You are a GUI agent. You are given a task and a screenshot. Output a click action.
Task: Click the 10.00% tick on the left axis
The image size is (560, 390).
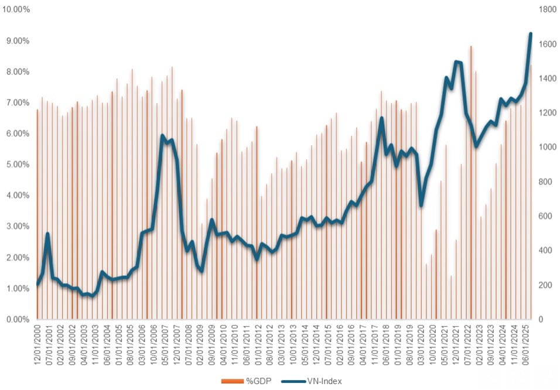click(x=17, y=10)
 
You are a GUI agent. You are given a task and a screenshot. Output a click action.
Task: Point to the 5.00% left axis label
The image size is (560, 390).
click(x=19, y=165)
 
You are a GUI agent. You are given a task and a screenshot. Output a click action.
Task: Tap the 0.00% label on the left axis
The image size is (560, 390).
click(x=19, y=319)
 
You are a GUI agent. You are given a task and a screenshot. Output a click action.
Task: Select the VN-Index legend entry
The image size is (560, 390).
click(x=311, y=381)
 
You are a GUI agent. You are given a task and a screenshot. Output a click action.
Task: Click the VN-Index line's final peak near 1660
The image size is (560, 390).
click(x=531, y=34)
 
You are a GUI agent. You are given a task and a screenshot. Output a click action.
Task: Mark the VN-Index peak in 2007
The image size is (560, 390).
click(x=162, y=136)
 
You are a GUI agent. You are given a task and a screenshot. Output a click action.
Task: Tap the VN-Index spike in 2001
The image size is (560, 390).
click(x=47, y=234)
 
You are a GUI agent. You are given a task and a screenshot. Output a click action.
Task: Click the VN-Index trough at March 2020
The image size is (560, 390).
click(x=421, y=206)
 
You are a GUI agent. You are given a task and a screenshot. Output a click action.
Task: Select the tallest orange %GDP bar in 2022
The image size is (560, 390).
click(x=470, y=46)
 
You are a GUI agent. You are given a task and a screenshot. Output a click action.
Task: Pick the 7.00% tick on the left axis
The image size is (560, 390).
click(x=19, y=102)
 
